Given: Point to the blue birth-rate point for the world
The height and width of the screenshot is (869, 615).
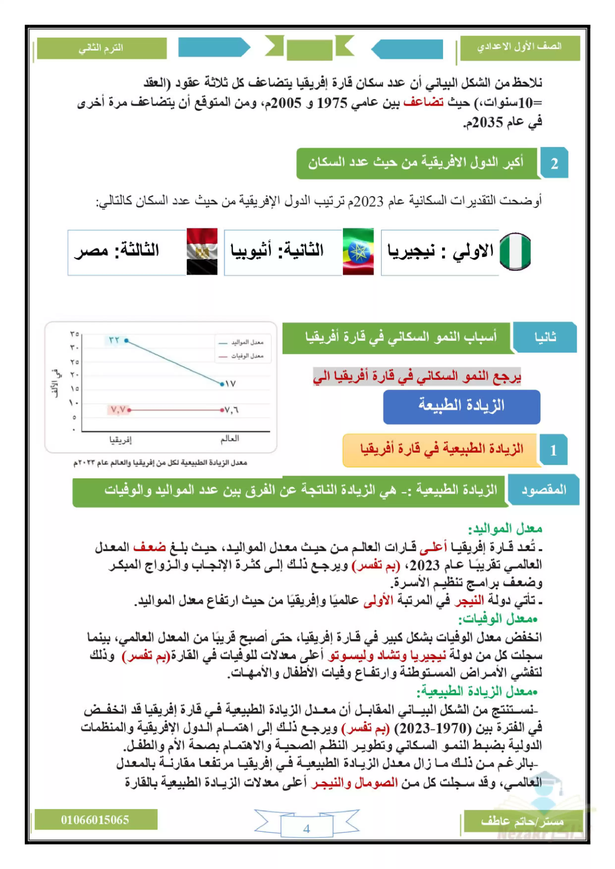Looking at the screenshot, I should [x=222, y=384].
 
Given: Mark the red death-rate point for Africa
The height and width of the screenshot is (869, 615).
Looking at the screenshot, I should [x=129, y=410].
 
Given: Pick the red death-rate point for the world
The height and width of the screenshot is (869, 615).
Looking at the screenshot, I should [x=222, y=410].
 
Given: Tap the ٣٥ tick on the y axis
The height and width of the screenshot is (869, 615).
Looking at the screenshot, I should [x=74, y=334].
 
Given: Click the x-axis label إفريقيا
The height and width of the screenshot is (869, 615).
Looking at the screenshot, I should [x=120, y=440].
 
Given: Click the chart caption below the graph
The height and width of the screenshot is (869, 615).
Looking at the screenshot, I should [x=160, y=462].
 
